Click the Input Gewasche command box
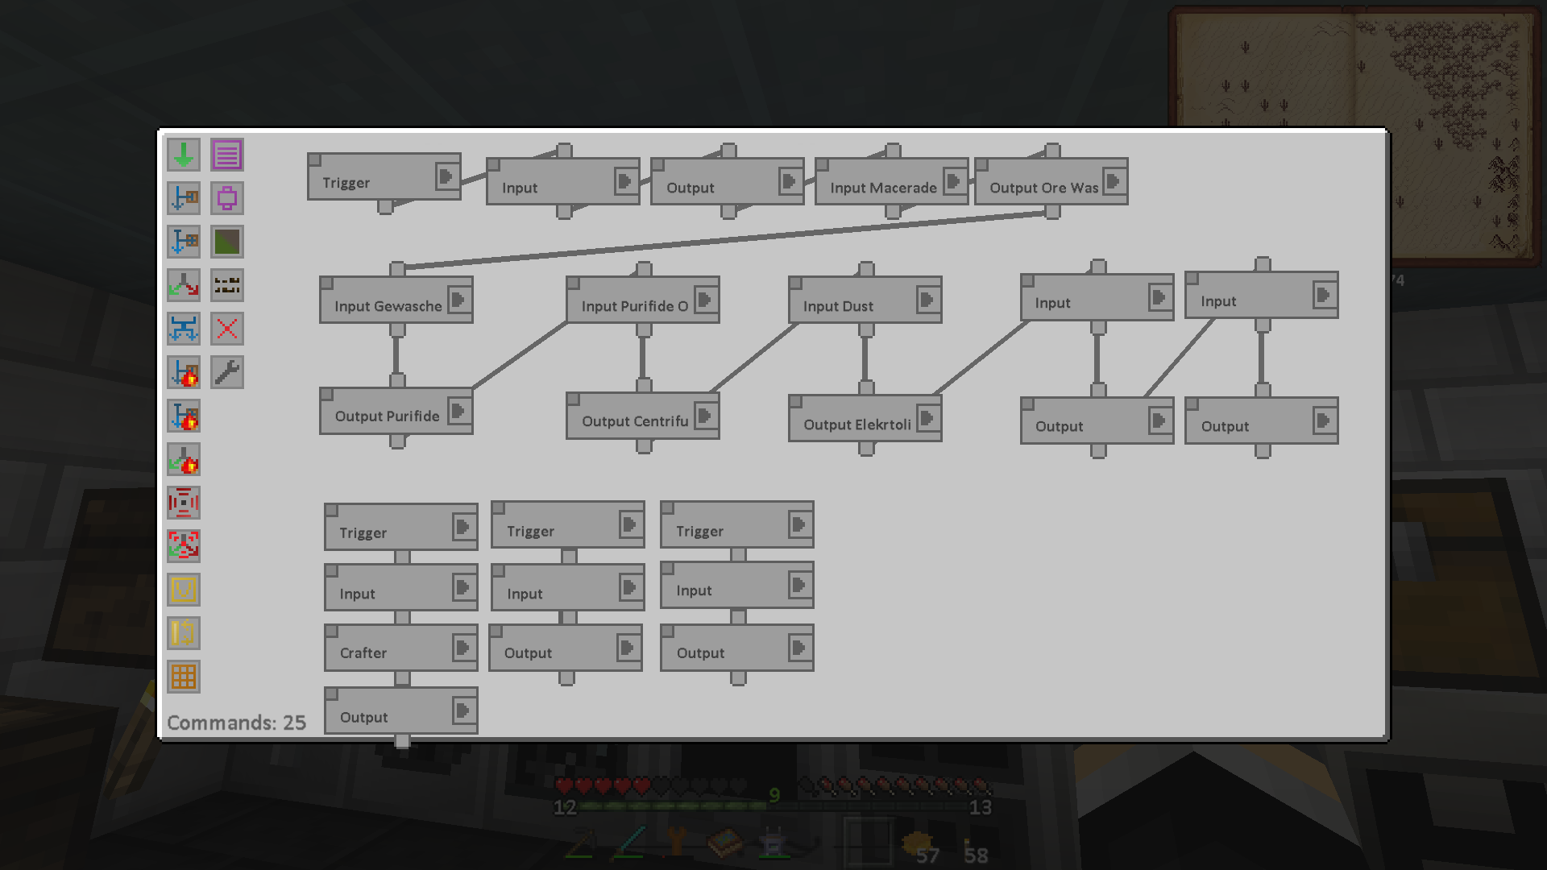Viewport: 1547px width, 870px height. [x=388, y=305]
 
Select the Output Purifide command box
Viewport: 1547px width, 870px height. [x=387, y=416]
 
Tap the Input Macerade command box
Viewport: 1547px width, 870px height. [x=882, y=187]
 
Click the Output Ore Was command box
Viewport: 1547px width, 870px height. [x=1043, y=187]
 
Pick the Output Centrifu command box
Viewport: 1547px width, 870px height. [x=634, y=420]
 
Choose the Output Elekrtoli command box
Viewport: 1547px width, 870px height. [x=856, y=424]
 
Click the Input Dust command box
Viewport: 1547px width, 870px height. [x=838, y=305]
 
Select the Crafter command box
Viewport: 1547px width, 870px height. [x=363, y=652]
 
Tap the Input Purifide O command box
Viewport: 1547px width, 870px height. [x=634, y=305]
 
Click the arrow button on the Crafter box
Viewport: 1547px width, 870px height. [x=462, y=648]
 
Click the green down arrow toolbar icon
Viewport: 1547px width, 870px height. [x=184, y=155]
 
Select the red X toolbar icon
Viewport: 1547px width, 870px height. [x=227, y=329]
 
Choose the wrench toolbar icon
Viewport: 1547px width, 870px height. [x=227, y=372]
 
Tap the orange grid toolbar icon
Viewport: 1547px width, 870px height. [x=184, y=677]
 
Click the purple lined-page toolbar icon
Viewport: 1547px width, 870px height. [x=227, y=155]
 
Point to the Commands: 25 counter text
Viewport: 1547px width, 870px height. [x=236, y=723]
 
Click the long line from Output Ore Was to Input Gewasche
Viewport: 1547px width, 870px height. [x=725, y=239]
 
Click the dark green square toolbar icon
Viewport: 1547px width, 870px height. [x=227, y=242]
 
